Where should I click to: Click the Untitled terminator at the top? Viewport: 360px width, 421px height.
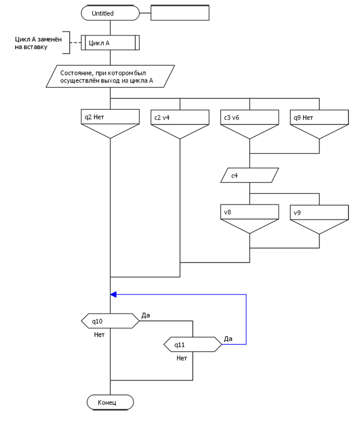click(x=110, y=13)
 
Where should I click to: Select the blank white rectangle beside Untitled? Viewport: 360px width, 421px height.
click(x=179, y=13)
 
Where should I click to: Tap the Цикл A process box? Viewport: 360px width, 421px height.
click(x=110, y=44)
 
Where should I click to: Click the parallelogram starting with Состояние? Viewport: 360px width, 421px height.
click(x=110, y=77)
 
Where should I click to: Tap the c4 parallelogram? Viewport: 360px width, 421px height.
click(x=250, y=175)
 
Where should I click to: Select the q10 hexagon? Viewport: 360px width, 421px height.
click(x=110, y=321)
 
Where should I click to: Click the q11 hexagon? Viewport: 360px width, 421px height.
click(x=193, y=345)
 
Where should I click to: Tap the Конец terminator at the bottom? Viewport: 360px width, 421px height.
click(x=110, y=402)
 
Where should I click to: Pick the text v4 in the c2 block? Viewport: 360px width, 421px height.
click(x=166, y=117)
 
